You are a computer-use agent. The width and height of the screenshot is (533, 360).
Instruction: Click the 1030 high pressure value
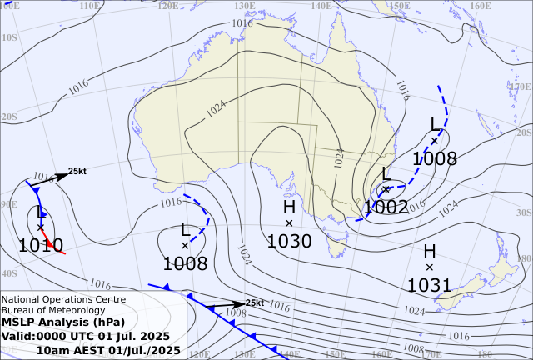[x=289, y=242]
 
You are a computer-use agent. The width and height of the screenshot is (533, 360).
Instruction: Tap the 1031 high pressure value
[x=429, y=286]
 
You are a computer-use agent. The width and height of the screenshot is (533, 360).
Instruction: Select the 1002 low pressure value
[x=386, y=207]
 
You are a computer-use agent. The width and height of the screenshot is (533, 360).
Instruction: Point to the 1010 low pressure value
[x=41, y=244]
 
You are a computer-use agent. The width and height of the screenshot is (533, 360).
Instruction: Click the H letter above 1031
[x=429, y=251]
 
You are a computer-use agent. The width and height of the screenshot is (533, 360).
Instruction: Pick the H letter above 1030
[x=289, y=207]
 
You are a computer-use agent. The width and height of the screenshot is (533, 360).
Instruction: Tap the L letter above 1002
[x=386, y=173]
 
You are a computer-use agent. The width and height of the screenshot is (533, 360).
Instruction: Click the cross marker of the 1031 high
[x=429, y=267]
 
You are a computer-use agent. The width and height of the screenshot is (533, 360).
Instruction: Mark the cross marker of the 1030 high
[x=289, y=223]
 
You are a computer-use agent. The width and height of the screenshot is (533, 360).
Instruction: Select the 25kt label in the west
[x=77, y=170]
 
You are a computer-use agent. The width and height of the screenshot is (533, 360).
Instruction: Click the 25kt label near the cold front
[x=255, y=302]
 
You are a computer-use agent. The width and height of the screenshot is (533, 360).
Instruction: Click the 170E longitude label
[x=521, y=85]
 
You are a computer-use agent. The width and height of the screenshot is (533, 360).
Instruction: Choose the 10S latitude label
[x=9, y=37]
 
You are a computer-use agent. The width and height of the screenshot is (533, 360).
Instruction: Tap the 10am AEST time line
[x=108, y=350]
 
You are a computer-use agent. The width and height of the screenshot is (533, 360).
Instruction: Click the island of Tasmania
[x=336, y=245]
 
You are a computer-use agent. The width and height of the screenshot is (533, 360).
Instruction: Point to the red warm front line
[x=54, y=245]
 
